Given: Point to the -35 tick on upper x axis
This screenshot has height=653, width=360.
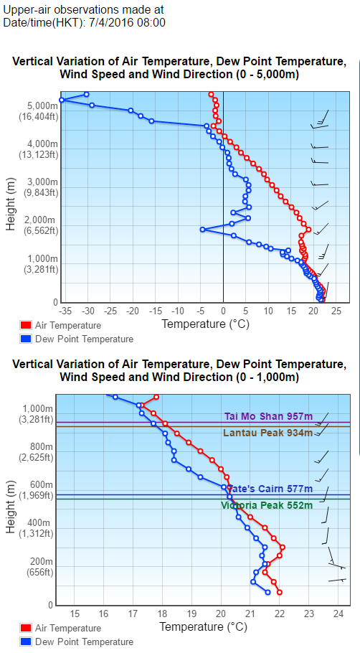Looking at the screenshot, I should (66, 311).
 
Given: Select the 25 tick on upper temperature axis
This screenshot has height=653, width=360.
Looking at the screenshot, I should (336, 311).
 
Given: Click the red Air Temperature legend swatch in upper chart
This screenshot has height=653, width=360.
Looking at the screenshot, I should (26, 326).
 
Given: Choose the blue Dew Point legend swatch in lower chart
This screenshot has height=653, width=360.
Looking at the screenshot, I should (26, 642).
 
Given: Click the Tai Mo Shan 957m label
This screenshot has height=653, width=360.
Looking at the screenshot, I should (268, 415).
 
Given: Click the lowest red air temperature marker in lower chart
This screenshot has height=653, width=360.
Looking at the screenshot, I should (279, 592).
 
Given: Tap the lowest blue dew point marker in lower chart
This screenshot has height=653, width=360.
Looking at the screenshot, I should (267, 592).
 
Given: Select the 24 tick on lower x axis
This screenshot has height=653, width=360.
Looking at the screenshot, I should (338, 614).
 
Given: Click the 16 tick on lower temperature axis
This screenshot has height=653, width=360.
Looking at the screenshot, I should (103, 614).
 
